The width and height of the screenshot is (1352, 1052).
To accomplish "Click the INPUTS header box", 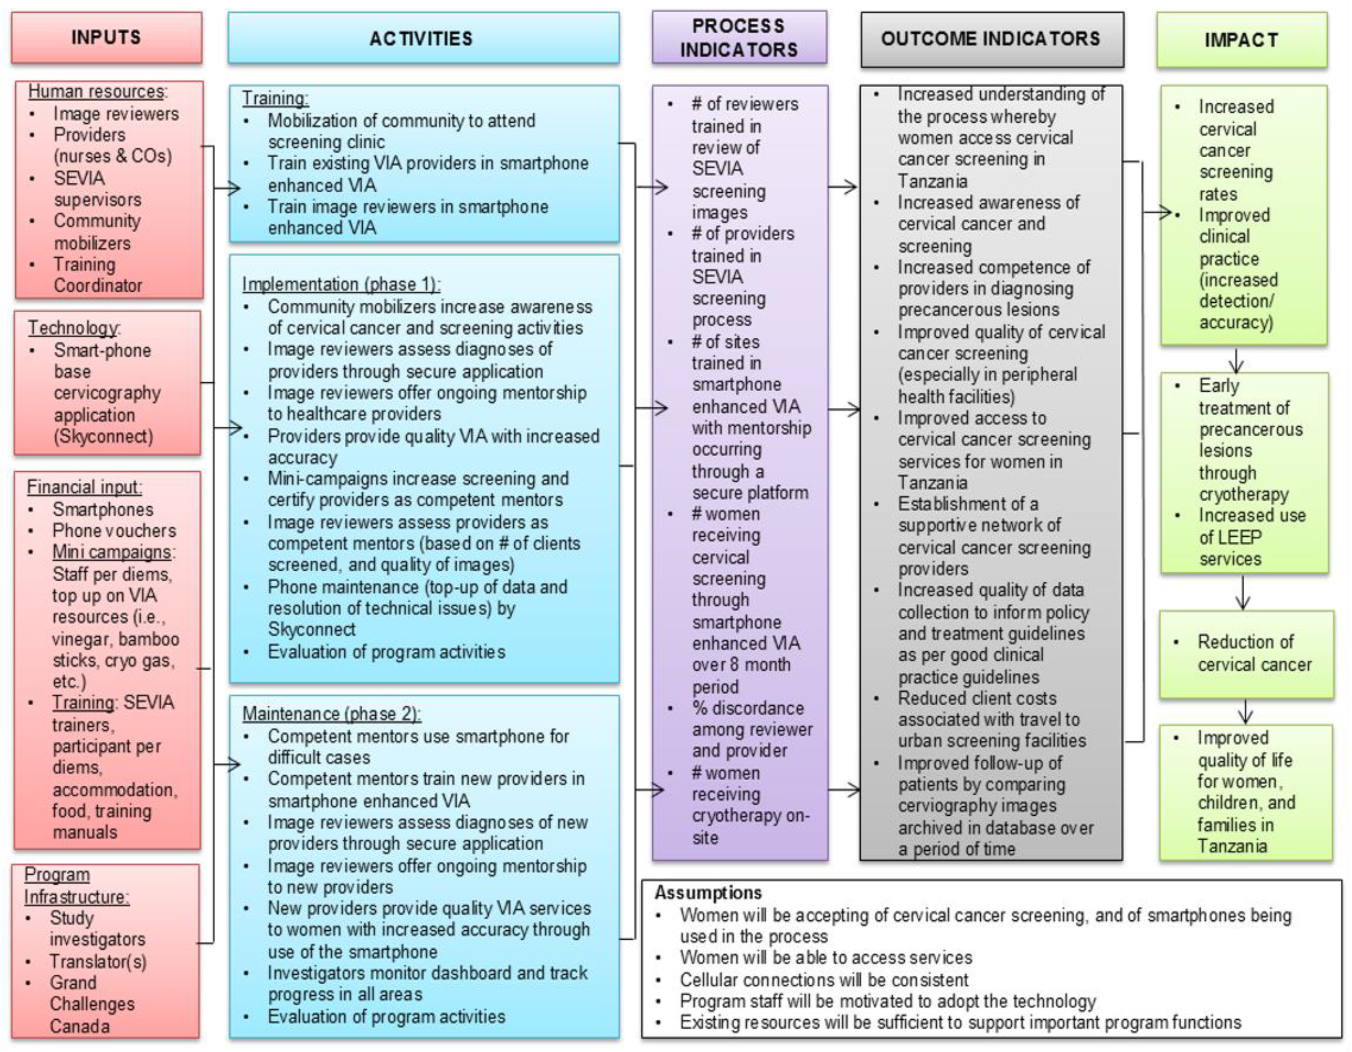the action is tap(107, 38).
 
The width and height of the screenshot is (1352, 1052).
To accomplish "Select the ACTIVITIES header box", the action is tap(423, 38).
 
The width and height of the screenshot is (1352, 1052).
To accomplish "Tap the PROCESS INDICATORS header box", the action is tap(739, 37).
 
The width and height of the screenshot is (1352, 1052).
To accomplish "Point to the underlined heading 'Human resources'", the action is tap(97, 92).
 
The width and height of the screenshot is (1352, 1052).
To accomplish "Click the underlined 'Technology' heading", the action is tap(72, 327).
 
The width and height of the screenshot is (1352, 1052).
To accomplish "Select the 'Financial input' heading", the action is tap(84, 487).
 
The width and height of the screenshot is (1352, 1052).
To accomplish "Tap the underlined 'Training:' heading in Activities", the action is tap(275, 98).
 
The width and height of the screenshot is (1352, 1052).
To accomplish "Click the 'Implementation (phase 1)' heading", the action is tap(341, 284).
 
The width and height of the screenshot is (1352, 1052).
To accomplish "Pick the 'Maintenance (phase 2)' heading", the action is tap(331, 713).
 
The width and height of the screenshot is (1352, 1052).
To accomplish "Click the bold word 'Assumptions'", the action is tap(708, 893).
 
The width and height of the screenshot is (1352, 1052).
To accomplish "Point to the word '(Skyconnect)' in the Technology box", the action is tap(103, 436).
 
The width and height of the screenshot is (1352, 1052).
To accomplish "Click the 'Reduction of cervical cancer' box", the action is tap(1245, 654).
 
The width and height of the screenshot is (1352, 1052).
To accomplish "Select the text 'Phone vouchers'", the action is tap(114, 530).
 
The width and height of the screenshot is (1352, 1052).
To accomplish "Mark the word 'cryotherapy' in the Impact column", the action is tap(1244, 495).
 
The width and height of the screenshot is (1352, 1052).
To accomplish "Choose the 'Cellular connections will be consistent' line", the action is tap(823, 980).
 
